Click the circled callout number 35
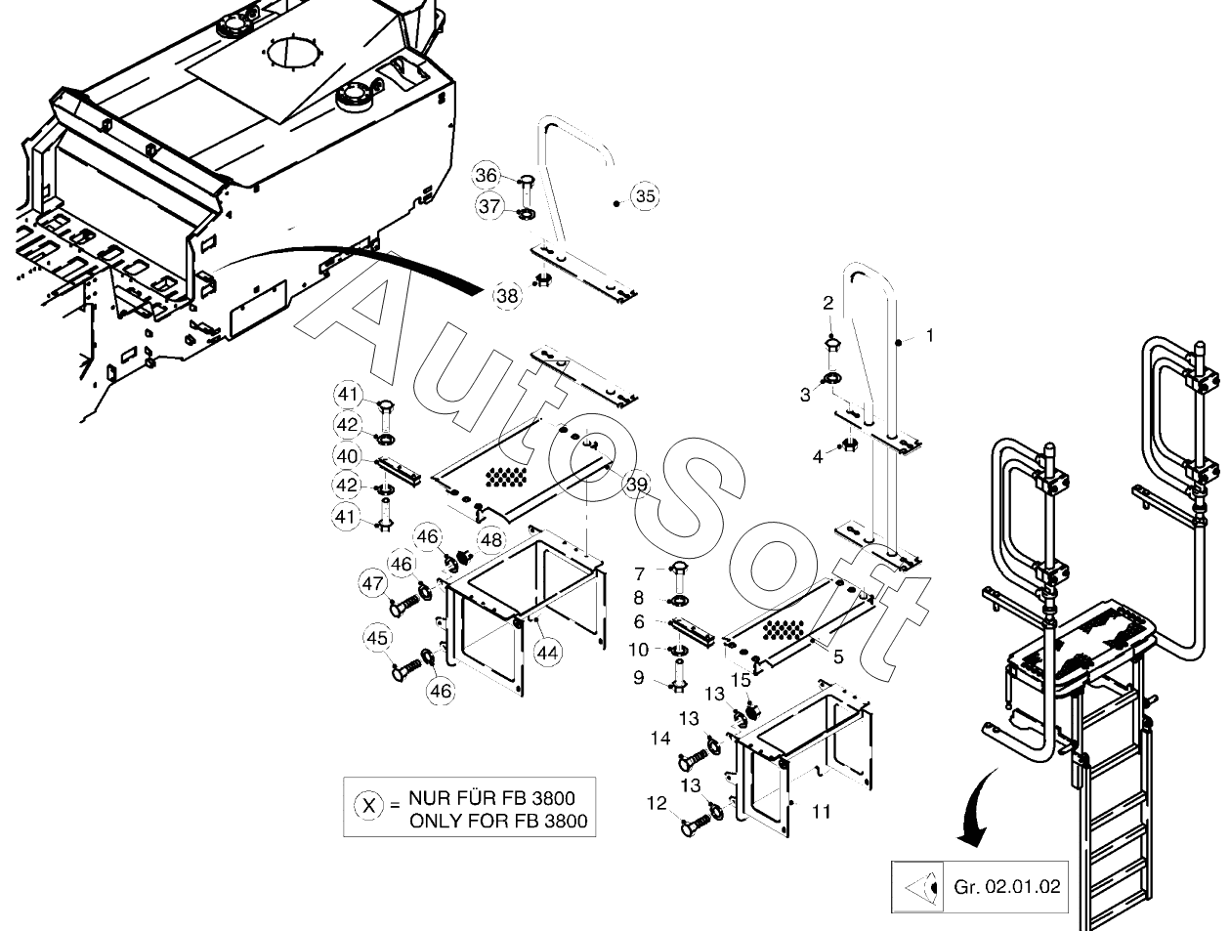point(645,196)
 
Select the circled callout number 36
point(487,176)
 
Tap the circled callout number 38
point(507,295)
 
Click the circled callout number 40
point(347,456)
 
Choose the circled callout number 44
point(548,652)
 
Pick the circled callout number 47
point(372,584)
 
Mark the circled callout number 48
point(490,539)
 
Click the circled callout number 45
point(377,639)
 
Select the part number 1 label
point(929,335)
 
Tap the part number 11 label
point(821,812)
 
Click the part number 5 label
point(837,656)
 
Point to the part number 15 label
point(741,679)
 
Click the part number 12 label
point(657,803)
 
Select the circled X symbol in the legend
point(367,806)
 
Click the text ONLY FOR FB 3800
point(498,821)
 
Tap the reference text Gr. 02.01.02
point(1005,887)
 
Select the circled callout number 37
point(489,206)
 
